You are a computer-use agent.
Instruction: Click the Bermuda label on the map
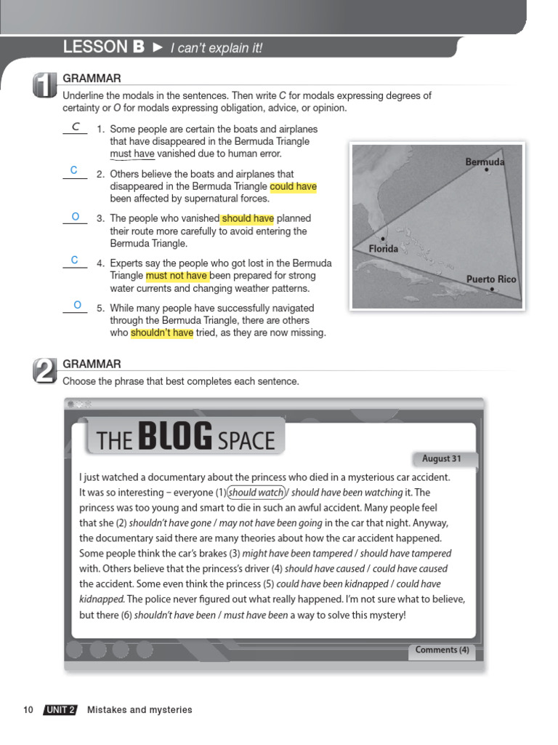pyautogui.click(x=485, y=162)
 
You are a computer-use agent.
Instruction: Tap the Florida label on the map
pyautogui.click(x=383, y=249)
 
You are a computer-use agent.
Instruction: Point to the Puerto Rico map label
pyautogui.click(x=491, y=279)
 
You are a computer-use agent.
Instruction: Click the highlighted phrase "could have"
pyautogui.click(x=293, y=186)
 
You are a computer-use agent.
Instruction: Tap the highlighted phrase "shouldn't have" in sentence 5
pyautogui.click(x=162, y=333)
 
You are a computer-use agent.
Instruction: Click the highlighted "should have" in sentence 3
pyautogui.click(x=248, y=218)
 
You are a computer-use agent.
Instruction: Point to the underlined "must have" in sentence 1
pyautogui.click(x=132, y=154)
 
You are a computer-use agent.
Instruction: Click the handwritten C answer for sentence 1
pyautogui.click(x=75, y=127)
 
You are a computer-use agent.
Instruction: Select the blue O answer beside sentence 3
pyautogui.click(x=75, y=217)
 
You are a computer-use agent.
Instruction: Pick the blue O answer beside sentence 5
pyautogui.click(x=76, y=305)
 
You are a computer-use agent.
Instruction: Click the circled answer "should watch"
pyautogui.click(x=256, y=493)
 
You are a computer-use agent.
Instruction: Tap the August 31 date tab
pyautogui.click(x=442, y=459)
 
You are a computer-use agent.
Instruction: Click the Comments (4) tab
pyautogui.click(x=442, y=650)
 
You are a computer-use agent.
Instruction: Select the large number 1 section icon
pyautogui.click(x=44, y=86)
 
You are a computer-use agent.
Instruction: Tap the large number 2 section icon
pyautogui.click(x=44, y=371)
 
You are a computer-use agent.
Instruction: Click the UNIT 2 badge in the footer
pyautogui.click(x=60, y=710)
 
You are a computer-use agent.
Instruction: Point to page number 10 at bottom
pyautogui.click(x=28, y=710)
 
